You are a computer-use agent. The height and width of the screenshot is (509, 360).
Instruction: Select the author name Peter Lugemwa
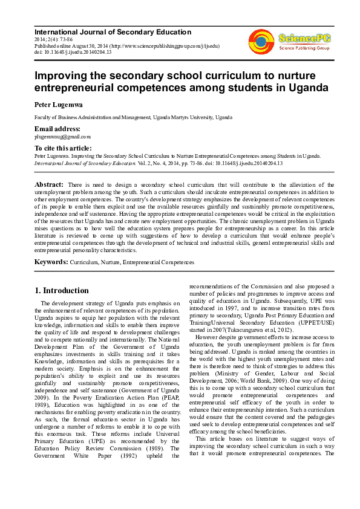coord(59,105)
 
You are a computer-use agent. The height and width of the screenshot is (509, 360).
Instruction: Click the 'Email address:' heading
coord(57,129)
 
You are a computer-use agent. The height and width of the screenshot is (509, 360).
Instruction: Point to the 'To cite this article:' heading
coord(63,148)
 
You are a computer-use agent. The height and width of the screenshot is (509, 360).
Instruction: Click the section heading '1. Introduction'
coord(62,291)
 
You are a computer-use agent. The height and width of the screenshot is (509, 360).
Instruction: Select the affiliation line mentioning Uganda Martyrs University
coord(133,117)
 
